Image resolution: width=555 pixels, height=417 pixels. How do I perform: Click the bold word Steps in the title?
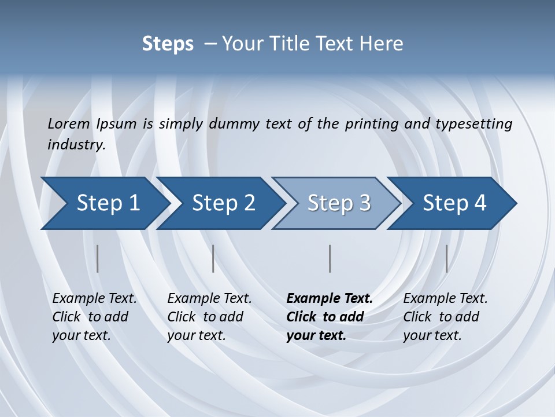[168, 44]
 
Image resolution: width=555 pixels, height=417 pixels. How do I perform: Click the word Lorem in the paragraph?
[69, 123]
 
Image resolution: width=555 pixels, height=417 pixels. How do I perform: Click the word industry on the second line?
[76, 145]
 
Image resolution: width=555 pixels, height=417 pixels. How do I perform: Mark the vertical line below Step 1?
[98, 258]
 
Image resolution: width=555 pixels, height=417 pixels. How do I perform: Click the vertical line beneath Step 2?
[213, 258]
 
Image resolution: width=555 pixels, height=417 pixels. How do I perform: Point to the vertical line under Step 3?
[330, 258]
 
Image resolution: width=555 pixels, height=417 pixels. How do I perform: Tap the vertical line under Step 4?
[446, 258]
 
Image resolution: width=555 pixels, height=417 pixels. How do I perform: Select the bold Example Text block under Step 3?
[328, 317]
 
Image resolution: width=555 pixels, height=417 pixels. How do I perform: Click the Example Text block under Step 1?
[94, 317]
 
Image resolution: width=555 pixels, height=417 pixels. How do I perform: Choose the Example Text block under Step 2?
[209, 317]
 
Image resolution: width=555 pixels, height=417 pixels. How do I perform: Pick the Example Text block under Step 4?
[445, 317]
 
